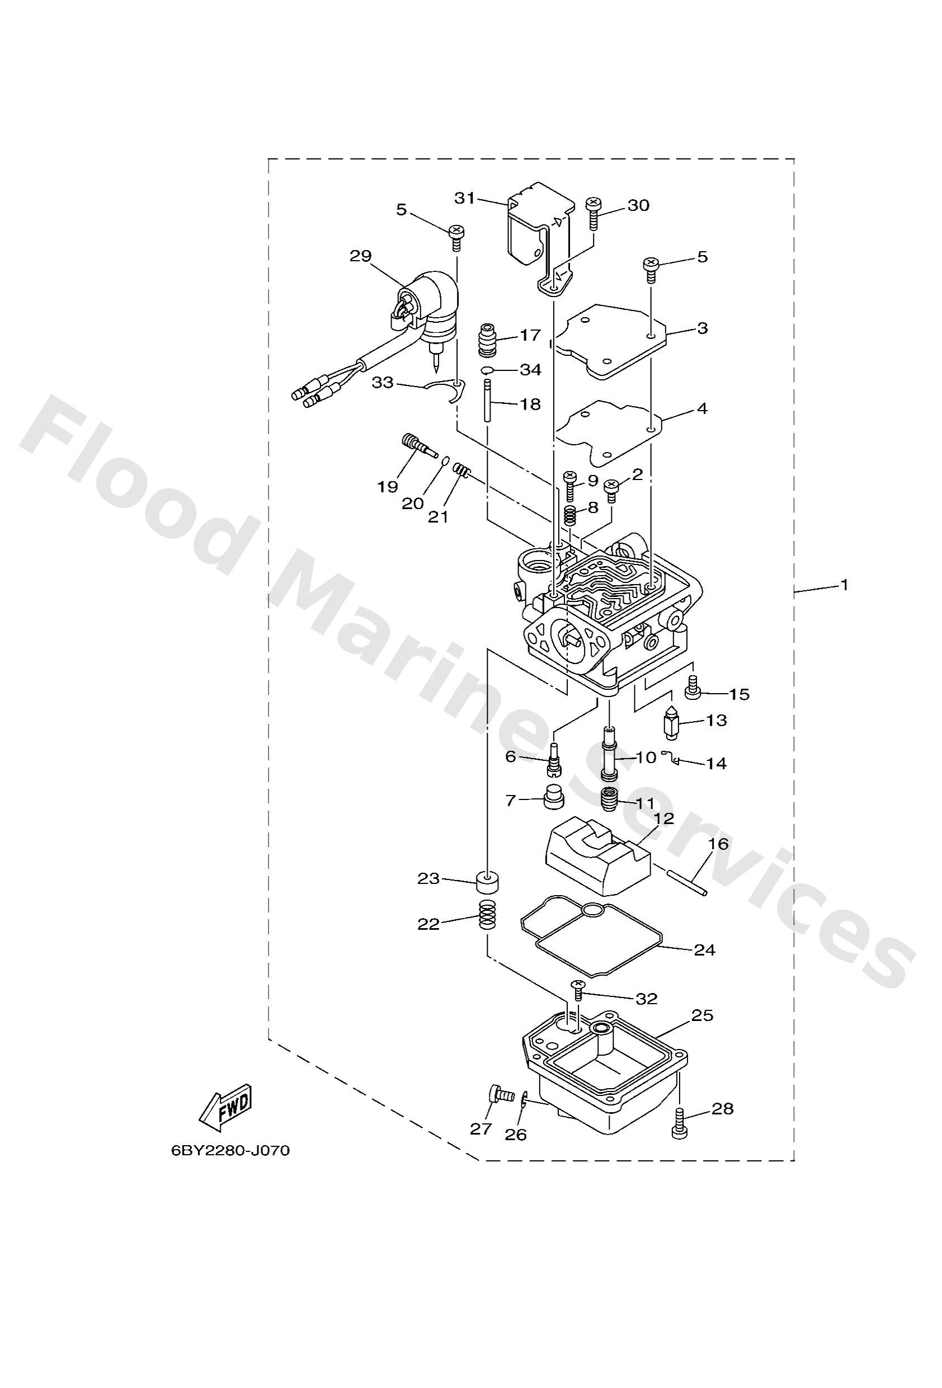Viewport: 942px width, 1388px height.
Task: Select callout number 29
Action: [x=361, y=256]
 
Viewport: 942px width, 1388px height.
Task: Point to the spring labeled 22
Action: [x=488, y=929]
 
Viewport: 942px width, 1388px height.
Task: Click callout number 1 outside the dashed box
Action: [x=844, y=585]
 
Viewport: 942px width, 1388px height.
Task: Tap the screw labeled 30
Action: [x=593, y=214]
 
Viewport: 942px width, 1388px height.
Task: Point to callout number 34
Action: [x=530, y=370]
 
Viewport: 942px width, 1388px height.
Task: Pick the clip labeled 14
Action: [x=673, y=759]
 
